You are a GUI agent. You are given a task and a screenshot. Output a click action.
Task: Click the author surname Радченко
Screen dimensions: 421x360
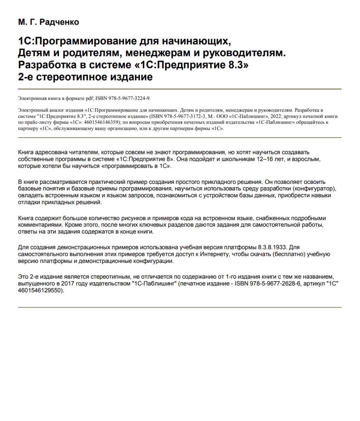60,22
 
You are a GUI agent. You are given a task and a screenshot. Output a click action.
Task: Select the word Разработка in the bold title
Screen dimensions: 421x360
47,65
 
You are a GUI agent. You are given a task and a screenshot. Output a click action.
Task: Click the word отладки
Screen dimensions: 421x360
28,202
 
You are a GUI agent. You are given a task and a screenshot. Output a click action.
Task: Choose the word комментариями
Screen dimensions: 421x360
40,225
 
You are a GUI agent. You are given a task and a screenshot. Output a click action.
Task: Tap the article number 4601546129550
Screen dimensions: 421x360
40,291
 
